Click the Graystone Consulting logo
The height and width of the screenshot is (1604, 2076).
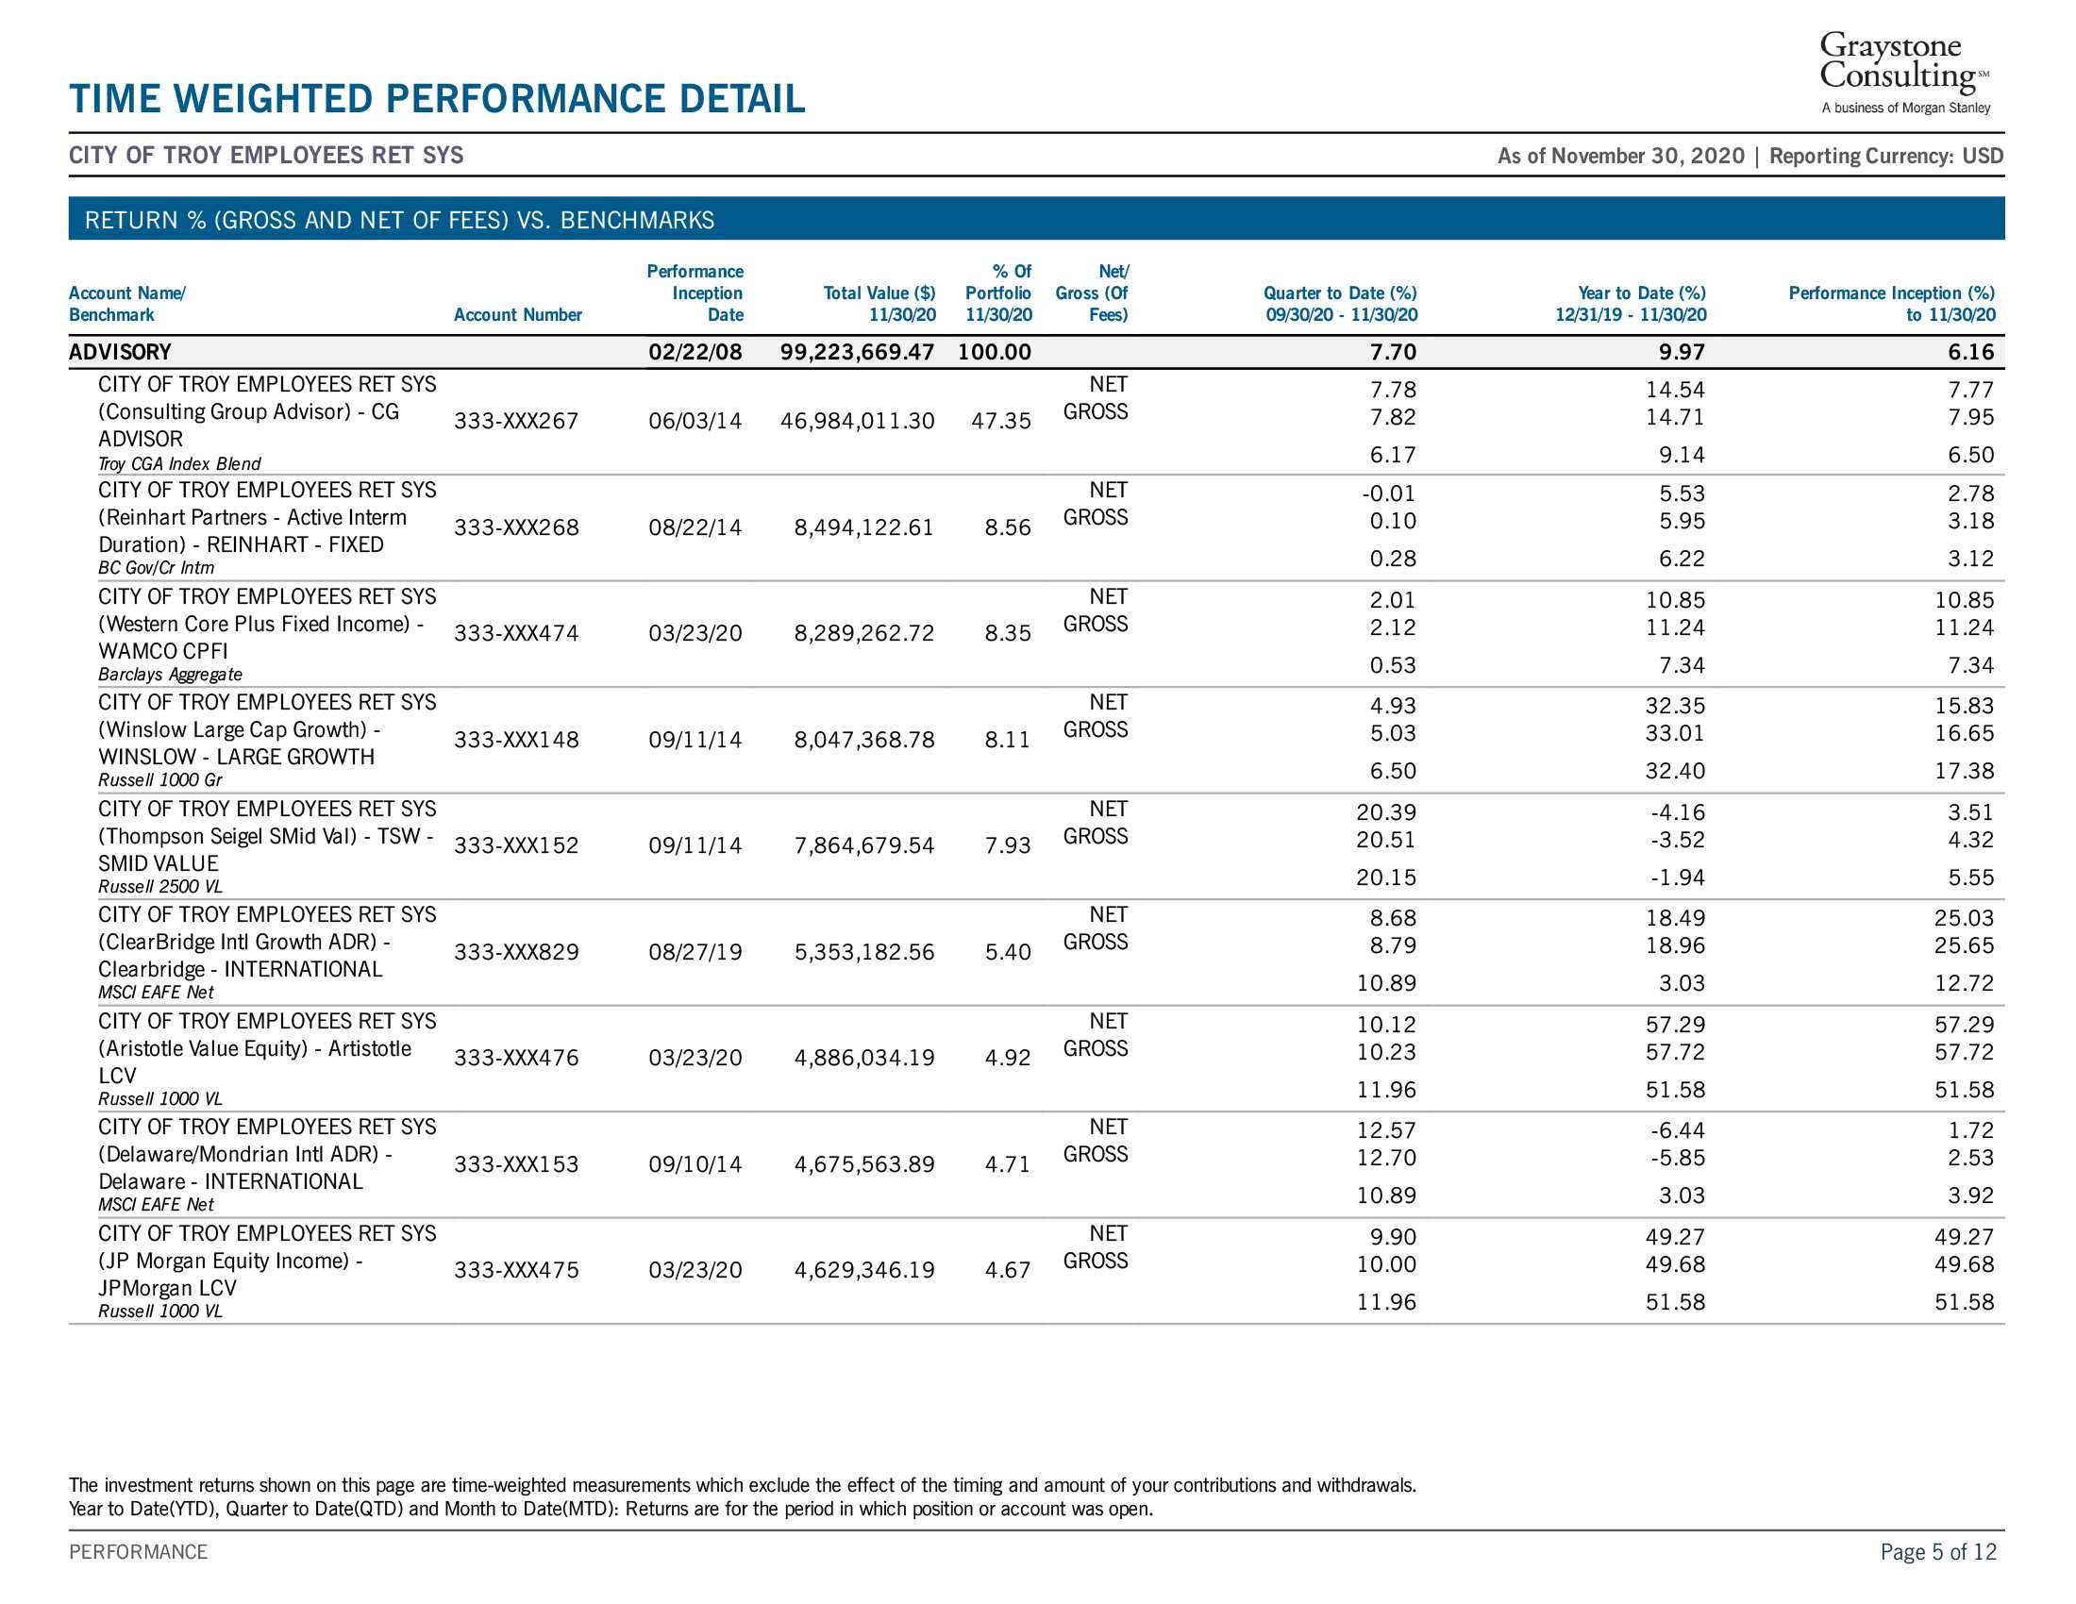pos(1905,73)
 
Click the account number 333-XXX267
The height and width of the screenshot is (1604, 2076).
pos(516,421)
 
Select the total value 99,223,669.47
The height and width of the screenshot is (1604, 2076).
pos(858,353)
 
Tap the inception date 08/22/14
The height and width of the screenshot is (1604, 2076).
pos(695,527)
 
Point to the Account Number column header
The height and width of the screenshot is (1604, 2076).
pos(518,314)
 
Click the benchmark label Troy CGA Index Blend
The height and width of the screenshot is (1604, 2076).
pos(179,463)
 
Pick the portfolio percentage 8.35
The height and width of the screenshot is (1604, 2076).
pos(1008,634)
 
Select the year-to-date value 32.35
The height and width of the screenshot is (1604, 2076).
pos(1676,706)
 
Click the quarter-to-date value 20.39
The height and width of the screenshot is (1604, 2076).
pos(1386,812)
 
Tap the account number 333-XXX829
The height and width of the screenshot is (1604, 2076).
pos(516,952)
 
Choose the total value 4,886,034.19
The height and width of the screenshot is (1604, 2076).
pos(864,1059)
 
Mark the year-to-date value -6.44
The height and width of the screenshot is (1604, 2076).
pos(1679,1130)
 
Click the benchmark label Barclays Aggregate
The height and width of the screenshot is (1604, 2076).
pos(170,675)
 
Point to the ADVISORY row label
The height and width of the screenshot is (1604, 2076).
pos(120,353)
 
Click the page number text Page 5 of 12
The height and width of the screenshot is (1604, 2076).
pos(1938,1552)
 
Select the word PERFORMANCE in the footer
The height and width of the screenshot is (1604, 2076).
pos(138,1552)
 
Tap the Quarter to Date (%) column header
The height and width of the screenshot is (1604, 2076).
pos(1340,304)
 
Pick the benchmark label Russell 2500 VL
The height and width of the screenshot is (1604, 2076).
pos(160,887)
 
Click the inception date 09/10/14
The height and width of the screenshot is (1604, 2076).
pos(695,1165)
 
